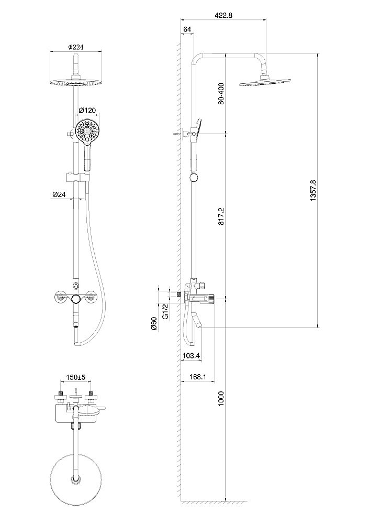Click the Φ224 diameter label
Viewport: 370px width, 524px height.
pos(76,47)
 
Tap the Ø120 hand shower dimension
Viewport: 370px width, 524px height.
pos(87,110)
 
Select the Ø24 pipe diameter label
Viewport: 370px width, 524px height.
pos(59,194)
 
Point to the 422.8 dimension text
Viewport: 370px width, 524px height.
pos(224,15)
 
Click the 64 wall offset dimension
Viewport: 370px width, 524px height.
pos(187,29)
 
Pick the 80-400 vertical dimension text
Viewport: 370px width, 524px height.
pos(221,94)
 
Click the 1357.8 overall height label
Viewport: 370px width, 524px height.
pos(313,191)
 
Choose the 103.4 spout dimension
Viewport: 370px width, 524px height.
pos(192,356)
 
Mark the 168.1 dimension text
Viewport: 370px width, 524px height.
pos(197,377)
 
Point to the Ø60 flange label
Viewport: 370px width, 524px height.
pos(154,323)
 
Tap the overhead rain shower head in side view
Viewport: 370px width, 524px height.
pos(265,81)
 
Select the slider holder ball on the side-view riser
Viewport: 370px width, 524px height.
pos(194,178)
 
